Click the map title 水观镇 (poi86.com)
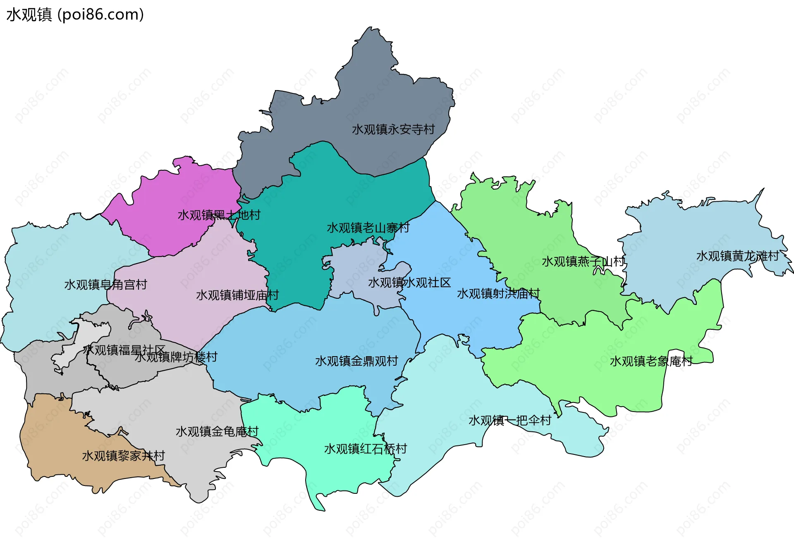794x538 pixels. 75,14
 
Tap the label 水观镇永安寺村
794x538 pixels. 393,129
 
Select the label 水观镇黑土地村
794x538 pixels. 219,215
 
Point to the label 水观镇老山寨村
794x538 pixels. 368,228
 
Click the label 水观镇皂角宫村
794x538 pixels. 105,285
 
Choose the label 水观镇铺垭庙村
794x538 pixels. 237,295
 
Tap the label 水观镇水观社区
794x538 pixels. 409,283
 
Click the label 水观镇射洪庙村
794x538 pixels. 498,293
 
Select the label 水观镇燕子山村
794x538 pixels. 583,262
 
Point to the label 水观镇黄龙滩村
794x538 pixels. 737,256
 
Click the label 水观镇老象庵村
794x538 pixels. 651,361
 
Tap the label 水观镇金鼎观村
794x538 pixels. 356,361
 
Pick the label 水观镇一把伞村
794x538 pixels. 509,420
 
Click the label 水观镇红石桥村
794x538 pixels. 365,449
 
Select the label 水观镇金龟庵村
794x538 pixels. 217,431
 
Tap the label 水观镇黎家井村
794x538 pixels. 123,456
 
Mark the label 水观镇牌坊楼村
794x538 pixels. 176,357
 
